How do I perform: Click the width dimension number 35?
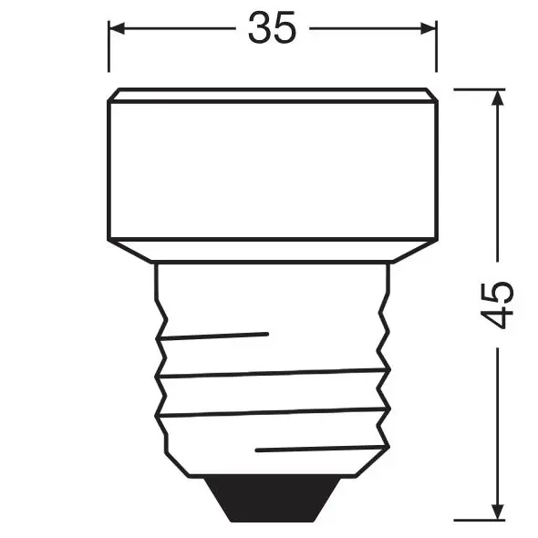click(272, 29)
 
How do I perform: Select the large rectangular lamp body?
click(272, 169)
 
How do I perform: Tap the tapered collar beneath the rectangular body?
click(272, 251)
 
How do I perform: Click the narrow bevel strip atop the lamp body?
click(272, 95)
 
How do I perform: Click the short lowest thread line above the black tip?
click(315, 448)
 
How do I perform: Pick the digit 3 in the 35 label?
click(259, 29)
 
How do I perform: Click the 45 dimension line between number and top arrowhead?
click(498, 182)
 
